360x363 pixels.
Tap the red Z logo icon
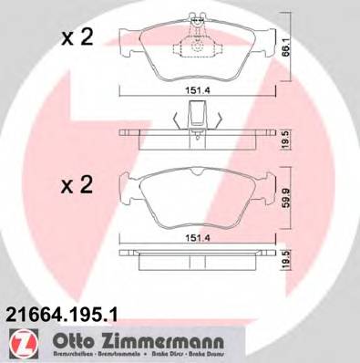(16, 342)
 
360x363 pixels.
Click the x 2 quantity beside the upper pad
(77, 38)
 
